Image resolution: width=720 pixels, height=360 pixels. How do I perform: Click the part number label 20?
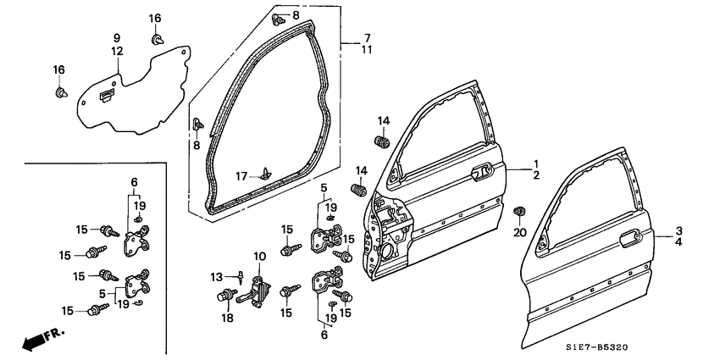pos(520,233)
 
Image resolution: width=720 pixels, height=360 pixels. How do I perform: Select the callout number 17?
pos(241,176)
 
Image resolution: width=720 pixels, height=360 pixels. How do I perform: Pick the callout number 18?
pos(227,319)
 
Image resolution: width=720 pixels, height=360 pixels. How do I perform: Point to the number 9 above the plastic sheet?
pos(116,37)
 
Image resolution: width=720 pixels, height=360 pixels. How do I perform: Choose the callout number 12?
pos(116,52)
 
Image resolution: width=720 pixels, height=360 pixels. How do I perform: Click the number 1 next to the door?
pos(535,163)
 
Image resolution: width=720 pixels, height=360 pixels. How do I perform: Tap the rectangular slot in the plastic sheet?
pos(104,94)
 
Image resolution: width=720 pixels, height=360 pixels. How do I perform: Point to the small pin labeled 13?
pos(242,277)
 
